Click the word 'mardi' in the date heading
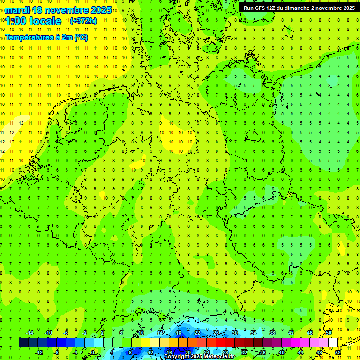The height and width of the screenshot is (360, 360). click(x=17, y=10)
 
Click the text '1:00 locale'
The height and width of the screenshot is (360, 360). click(x=33, y=21)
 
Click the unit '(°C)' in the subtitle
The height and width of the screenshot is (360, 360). click(x=81, y=37)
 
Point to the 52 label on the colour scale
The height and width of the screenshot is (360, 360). click(x=338, y=352)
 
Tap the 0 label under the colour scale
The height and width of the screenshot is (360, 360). click(x=92, y=352)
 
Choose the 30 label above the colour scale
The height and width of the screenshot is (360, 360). click(x=234, y=333)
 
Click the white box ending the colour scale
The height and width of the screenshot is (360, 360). click(x=333, y=343)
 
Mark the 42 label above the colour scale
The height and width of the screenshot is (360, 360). click(x=291, y=333)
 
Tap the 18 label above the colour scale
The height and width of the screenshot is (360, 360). click(x=178, y=333)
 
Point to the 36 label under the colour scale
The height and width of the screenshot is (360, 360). click(x=263, y=352)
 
